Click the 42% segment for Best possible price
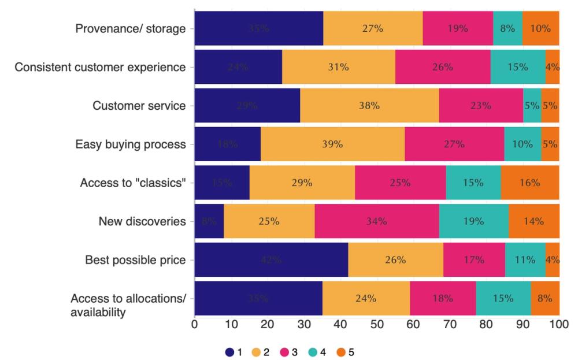point(271,260)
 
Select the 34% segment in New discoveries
point(376,221)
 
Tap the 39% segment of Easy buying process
point(332,144)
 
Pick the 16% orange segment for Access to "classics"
point(529,183)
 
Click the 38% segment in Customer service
point(369,106)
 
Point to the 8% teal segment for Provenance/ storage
point(507,28)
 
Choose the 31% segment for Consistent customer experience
point(338,67)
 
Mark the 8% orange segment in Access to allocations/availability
point(544,299)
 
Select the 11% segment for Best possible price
point(525,260)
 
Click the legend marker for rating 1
point(230,352)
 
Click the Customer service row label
point(139,106)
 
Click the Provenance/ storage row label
point(131,28)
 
